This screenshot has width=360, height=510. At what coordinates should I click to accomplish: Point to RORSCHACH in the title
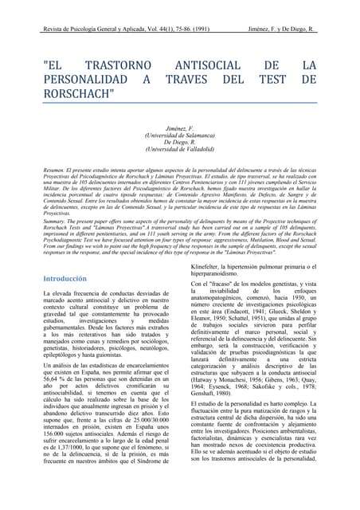pos(80,95)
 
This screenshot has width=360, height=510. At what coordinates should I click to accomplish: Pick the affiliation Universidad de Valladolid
pos(179,149)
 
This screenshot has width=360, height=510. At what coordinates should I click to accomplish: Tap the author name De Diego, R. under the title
pos(179,142)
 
